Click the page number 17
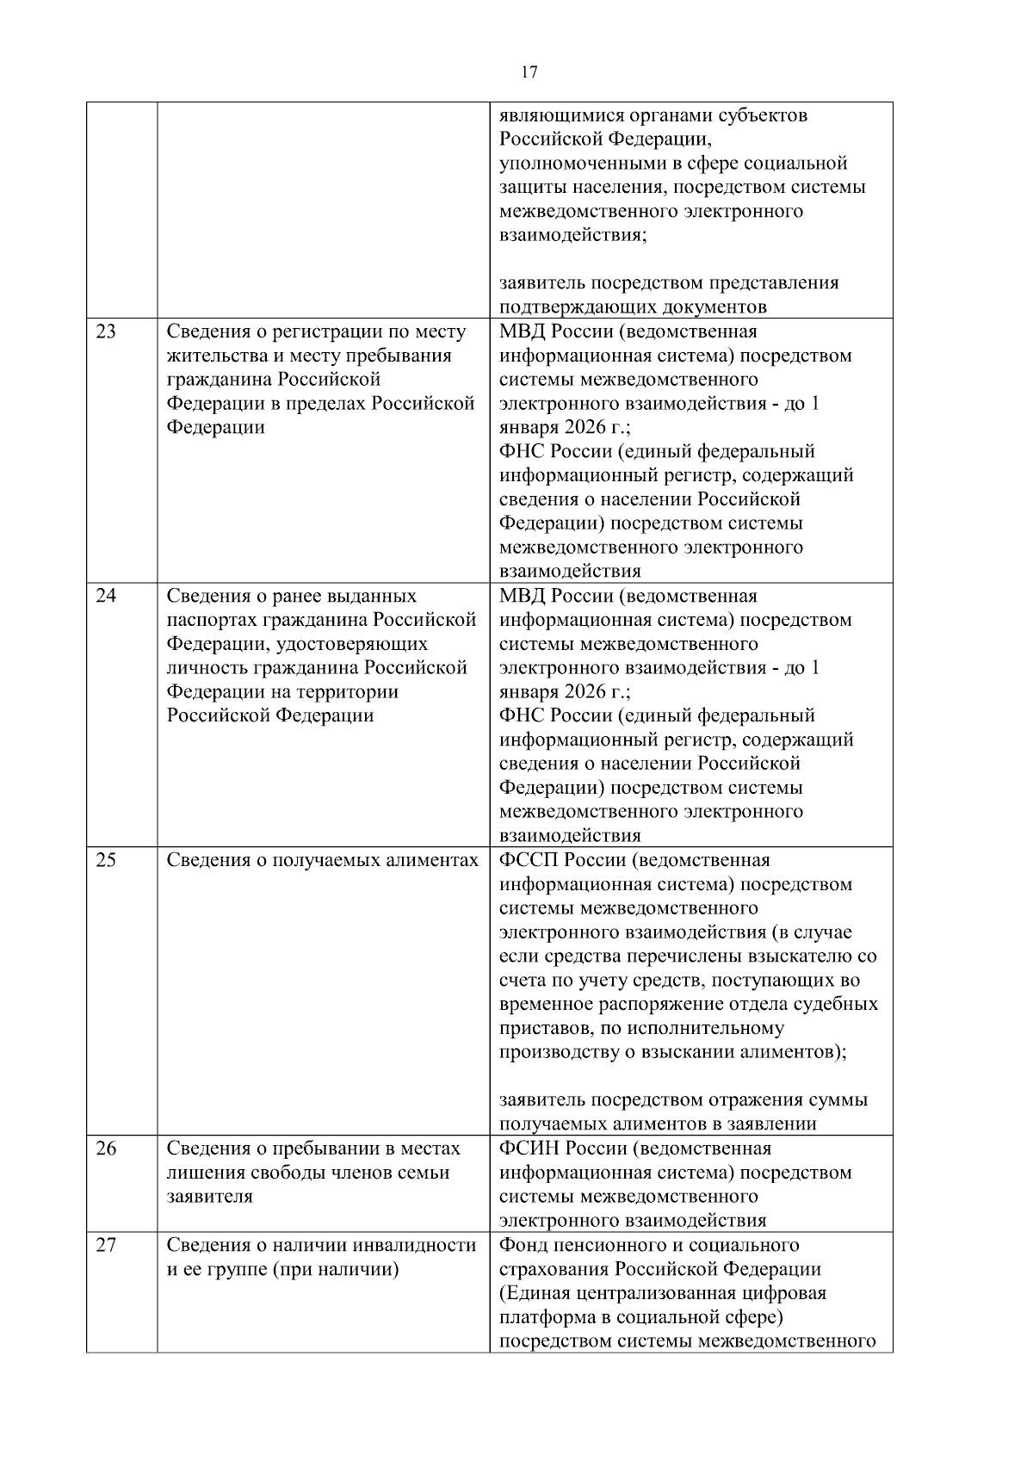tap(529, 72)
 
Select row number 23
tap(105, 331)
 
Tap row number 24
tap(105, 596)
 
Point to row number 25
tap(105, 860)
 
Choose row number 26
tap(105, 1148)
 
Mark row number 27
tap(105, 1245)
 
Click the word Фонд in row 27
tap(522, 1245)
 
